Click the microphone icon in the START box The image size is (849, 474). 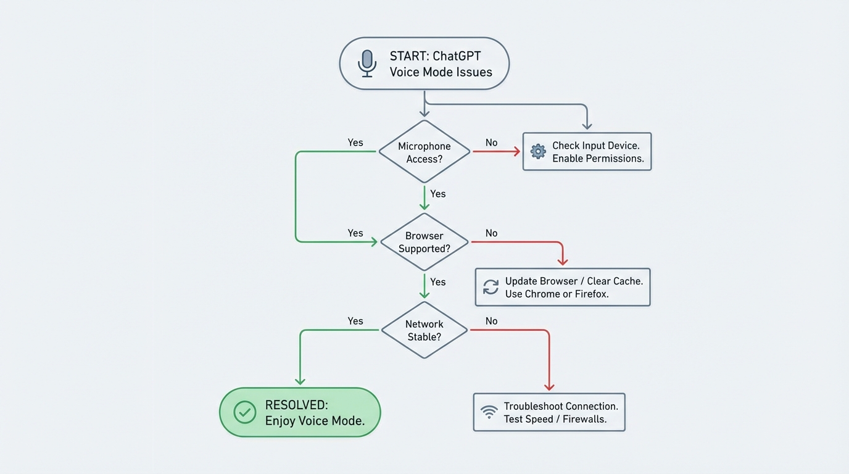coord(367,63)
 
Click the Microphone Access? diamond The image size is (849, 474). coord(424,152)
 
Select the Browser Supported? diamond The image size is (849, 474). coord(424,242)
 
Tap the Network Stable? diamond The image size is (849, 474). coord(424,330)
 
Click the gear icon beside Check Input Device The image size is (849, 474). coord(538,151)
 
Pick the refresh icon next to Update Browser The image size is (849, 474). coord(491,287)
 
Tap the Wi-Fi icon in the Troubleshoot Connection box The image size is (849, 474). coord(489,412)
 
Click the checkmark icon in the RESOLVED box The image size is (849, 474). coord(245,412)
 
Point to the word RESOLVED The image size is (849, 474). coord(296,405)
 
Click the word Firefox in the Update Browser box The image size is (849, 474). coord(592,294)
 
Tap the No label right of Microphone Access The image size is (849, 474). coord(491,143)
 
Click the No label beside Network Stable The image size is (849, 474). coord(491,321)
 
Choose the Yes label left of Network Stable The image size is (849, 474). coord(355,321)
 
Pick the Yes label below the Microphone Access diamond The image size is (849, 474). coord(437,194)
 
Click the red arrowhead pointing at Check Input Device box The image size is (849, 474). coord(516,151)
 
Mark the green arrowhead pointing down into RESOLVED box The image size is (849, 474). coord(300,381)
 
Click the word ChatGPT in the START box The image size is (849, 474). coord(457,56)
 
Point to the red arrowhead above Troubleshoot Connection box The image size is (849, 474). coord(549,386)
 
